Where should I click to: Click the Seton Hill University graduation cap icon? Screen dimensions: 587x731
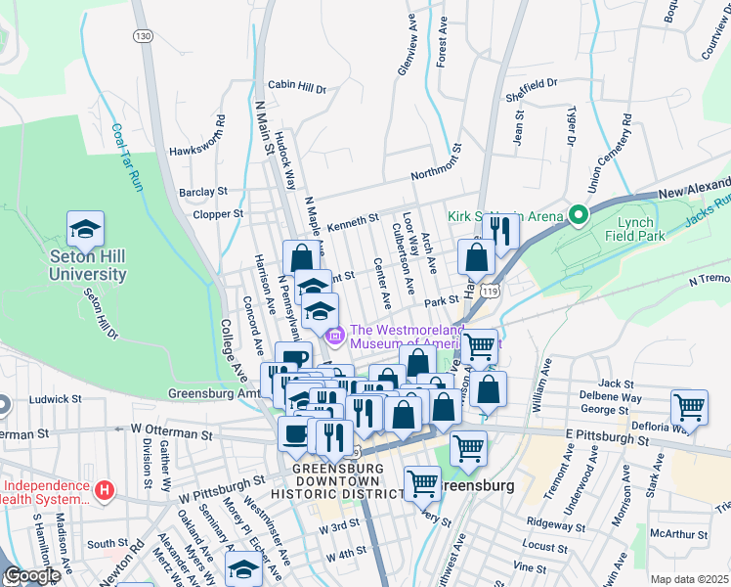point(85,230)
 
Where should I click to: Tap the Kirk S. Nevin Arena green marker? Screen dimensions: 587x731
point(578,215)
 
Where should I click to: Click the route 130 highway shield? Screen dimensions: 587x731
point(144,35)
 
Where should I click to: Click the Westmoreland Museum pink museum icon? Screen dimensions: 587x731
point(336,337)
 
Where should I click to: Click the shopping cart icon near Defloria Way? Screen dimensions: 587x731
point(690,407)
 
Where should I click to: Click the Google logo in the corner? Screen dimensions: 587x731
point(31,576)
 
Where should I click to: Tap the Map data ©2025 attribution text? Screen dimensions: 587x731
point(689,579)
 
